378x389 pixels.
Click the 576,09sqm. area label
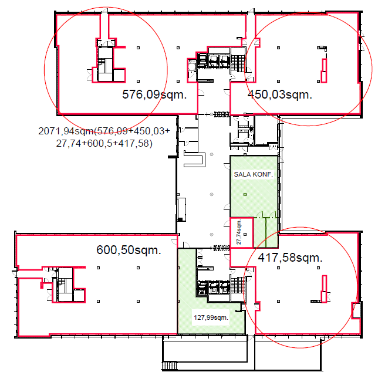pos(154,94)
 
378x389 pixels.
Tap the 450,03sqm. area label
pos(280,94)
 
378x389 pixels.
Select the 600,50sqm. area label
pos(129,250)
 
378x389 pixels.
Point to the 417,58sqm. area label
pos(290,258)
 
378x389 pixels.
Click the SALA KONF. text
pos(254,174)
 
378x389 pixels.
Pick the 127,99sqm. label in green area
pos(211,317)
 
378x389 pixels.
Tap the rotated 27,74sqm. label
pos(239,232)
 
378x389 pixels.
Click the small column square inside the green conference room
pos(245,195)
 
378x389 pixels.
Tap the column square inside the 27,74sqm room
pos(245,234)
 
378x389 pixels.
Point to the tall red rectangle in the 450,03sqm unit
pos(324,71)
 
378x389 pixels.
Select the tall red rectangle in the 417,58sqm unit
pos(324,289)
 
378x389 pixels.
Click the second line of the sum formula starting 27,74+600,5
pos(104,143)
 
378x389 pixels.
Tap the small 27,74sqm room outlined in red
pos(241,232)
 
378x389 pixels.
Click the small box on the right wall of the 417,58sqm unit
pos(356,310)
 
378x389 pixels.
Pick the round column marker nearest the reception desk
pos(211,154)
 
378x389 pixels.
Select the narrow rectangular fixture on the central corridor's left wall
pos(182,209)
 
